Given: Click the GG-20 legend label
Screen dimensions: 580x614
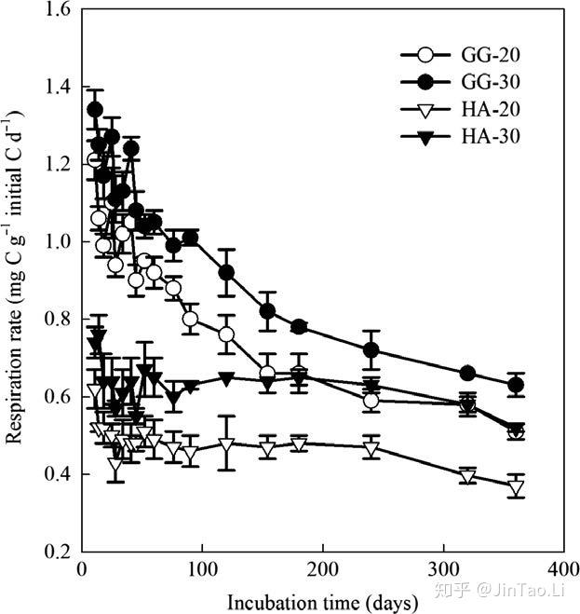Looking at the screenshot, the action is pos(491,55).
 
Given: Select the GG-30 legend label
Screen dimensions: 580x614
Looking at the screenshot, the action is pos(491,82).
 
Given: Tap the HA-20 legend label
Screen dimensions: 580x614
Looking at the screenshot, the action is pos(491,109).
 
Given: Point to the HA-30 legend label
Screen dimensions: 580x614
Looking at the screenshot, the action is pos(491,136).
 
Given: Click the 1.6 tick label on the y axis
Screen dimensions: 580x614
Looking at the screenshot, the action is pos(57,9).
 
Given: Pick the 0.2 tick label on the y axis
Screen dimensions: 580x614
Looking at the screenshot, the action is pos(57,552).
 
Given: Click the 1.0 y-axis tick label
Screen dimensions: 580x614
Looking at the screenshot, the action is pos(57,241).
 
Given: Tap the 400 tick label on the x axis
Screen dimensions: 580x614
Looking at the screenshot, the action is pos(563,569).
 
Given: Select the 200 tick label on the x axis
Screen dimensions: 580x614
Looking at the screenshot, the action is pos(322,569).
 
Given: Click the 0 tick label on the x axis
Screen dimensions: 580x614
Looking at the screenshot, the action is pos(82,569).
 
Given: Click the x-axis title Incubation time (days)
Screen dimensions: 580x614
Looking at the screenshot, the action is pos(322,603).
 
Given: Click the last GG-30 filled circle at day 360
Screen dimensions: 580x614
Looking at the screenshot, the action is pos(516,385).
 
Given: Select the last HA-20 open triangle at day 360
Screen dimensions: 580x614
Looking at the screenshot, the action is pos(516,488).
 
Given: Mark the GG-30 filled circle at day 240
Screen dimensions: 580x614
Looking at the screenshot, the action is pos(371,349).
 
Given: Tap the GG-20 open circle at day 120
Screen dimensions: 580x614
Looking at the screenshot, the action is pos(226,334).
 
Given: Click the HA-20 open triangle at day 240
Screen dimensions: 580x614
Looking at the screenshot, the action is pos(371,449).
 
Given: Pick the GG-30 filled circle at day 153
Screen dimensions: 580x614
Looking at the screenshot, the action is pos(268,311).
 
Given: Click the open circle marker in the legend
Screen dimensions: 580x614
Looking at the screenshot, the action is pos(425,55).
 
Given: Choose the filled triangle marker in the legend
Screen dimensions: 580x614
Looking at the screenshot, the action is pos(425,138).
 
